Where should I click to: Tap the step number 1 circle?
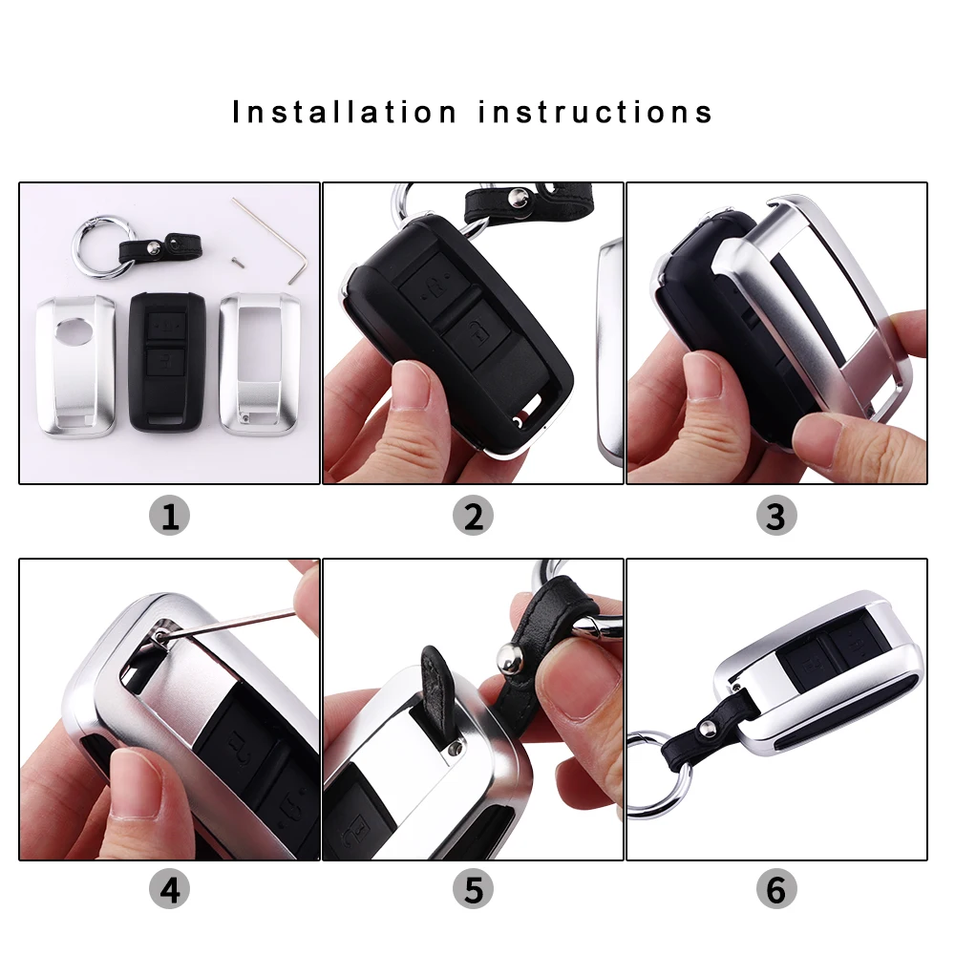[x=170, y=516]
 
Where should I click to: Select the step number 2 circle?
[x=473, y=516]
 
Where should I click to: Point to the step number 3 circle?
[x=775, y=516]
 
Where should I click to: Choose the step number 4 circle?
[x=170, y=890]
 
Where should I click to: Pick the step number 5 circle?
[x=473, y=890]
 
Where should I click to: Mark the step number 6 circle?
[x=775, y=890]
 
